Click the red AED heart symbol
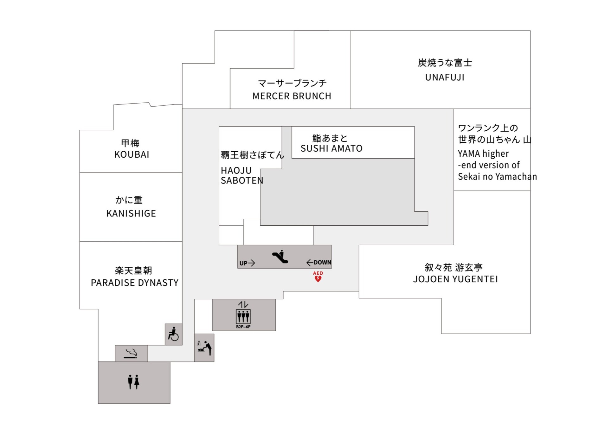(x=318, y=279)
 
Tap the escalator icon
(x=280, y=257)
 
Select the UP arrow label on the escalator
(x=247, y=263)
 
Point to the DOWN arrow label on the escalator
(x=319, y=262)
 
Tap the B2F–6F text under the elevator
(x=243, y=327)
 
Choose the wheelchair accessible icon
(x=173, y=334)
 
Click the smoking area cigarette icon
(x=131, y=354)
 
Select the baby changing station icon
(x=204, y=348)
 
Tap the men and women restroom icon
(x=134, y=382)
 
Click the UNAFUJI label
(x=445, y=78)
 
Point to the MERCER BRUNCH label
(x=292, y=96)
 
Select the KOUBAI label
(x=132, y=154)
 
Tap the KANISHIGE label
(x=131, y=214)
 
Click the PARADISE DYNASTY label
(x=135, y=283)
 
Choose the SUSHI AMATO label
(x=331, y=148)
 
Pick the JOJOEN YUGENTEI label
(x=455, y=279)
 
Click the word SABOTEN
(x=242, y=180)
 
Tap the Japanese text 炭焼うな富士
(x=445, y=63)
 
